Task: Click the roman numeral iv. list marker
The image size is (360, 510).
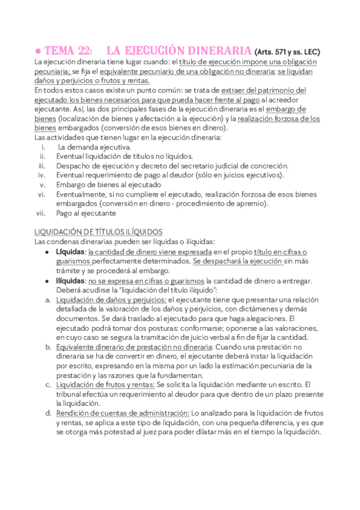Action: click(x=42, y=175)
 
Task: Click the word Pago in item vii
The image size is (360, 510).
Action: click(x=65, y=213)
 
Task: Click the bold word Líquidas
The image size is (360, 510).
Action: click(x=70, y=251)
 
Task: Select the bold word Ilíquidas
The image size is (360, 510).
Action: click(x=70, y=280)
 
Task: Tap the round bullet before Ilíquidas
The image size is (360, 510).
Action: click(x=47, y=281)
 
